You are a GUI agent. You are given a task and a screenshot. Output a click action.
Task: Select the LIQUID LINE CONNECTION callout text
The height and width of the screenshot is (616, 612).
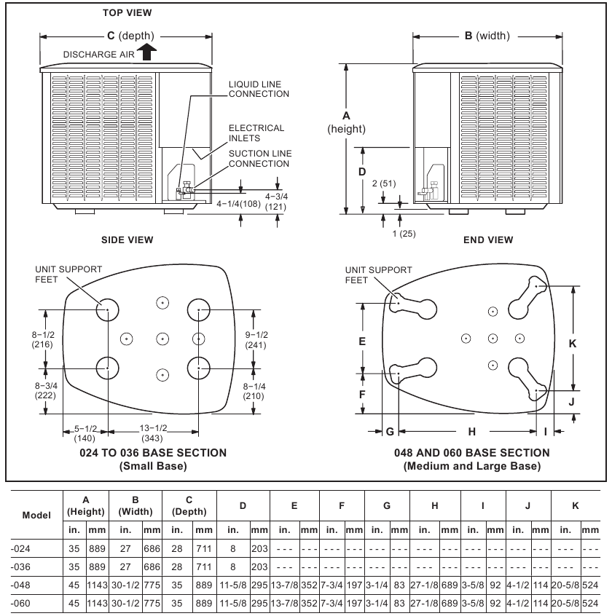(x=259, y=90)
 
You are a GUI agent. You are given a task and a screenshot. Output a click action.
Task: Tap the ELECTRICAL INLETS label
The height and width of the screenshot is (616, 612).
(x=256, y=133)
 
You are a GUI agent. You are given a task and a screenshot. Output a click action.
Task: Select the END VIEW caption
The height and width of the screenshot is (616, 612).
(x=487, y=240)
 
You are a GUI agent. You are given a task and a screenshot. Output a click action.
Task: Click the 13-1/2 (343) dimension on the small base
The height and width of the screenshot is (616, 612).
(x=153, y=433)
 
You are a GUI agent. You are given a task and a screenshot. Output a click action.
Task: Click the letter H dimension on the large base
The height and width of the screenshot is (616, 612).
(x=471, y=432)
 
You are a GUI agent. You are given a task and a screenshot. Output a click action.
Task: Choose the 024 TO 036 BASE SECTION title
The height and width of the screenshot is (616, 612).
(x=153, y=453)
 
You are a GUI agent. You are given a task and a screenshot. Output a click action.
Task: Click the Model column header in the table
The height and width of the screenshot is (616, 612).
(x=36, y=515)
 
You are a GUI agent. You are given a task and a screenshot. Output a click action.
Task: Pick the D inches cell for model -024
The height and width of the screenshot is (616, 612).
(x=232, y=548)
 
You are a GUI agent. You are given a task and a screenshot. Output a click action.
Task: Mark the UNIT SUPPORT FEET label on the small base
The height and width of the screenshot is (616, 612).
(x=68, y=275)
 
